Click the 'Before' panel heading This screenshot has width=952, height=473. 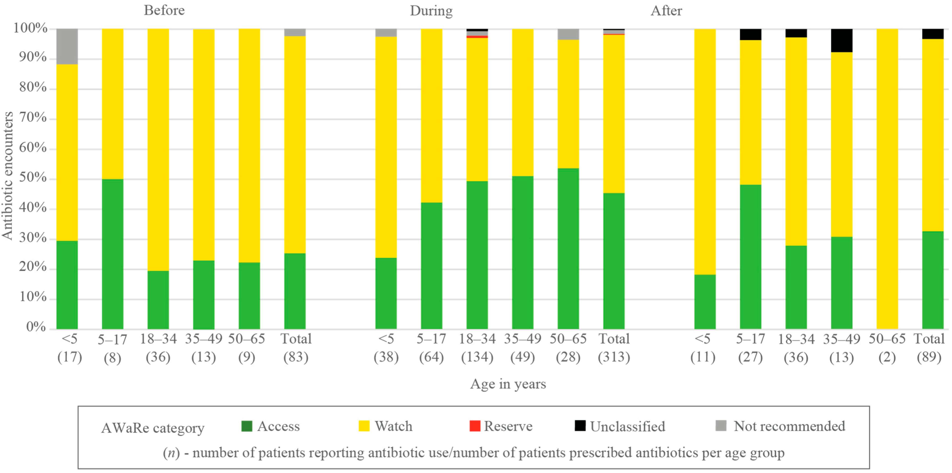(164, 10)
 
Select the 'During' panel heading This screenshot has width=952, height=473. (431, 11)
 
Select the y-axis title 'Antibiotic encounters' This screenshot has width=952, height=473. (7, 176)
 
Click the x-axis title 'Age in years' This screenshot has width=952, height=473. (508, 384)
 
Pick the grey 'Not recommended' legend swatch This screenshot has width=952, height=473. (721, 426)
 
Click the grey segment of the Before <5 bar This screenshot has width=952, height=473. (67, 46)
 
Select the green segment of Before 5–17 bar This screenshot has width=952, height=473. (113, 254)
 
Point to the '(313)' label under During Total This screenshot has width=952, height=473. (614, 357)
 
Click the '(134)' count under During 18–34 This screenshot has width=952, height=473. (477, 357)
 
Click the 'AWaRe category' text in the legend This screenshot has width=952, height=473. (153, 428)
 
